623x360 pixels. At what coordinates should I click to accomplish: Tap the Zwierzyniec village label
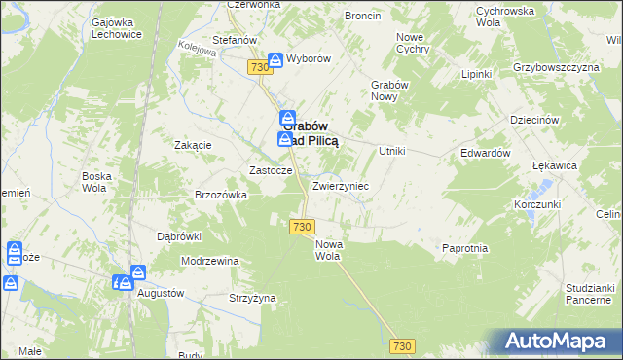(x=340, y=185)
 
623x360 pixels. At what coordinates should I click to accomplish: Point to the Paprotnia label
(x=464, y=248)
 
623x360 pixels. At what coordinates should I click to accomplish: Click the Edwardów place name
(x=486, y=153)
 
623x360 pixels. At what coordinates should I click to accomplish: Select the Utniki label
(x=391, y=151)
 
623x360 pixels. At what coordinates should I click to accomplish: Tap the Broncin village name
(x=363, y=17)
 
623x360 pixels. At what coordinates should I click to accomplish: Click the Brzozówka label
(x=222, y=195)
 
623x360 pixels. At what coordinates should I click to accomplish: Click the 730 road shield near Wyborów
(x=258, y=66)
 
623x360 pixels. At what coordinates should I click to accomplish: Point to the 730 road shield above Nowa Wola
(x=301, y=226)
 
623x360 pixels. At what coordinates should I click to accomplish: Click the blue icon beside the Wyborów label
(x=275, y=58)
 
